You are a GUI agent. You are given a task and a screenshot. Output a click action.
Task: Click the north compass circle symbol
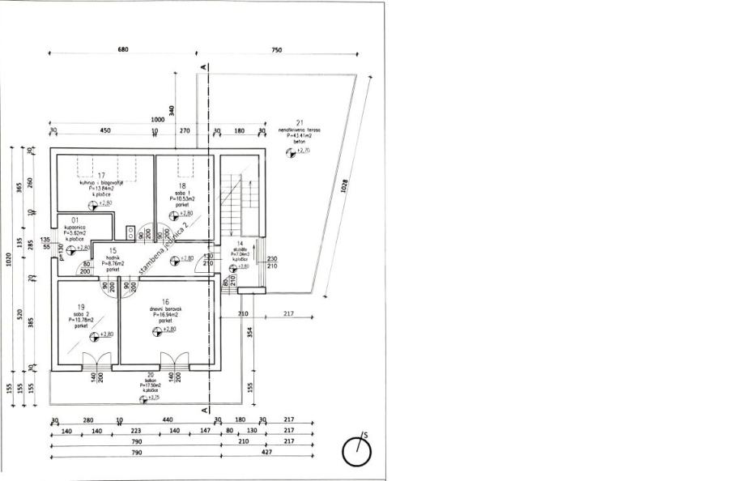356,450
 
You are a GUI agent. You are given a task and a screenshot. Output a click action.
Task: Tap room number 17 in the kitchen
101,176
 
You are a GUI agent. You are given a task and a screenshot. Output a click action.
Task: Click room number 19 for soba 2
81,308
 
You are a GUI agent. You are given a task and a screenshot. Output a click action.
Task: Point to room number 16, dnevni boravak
164,300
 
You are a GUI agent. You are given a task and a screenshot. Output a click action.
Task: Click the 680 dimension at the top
123,50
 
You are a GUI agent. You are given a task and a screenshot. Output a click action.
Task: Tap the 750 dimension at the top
277,50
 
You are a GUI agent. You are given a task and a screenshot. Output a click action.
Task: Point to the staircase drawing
236,206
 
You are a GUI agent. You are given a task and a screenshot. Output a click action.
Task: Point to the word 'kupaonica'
75,227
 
